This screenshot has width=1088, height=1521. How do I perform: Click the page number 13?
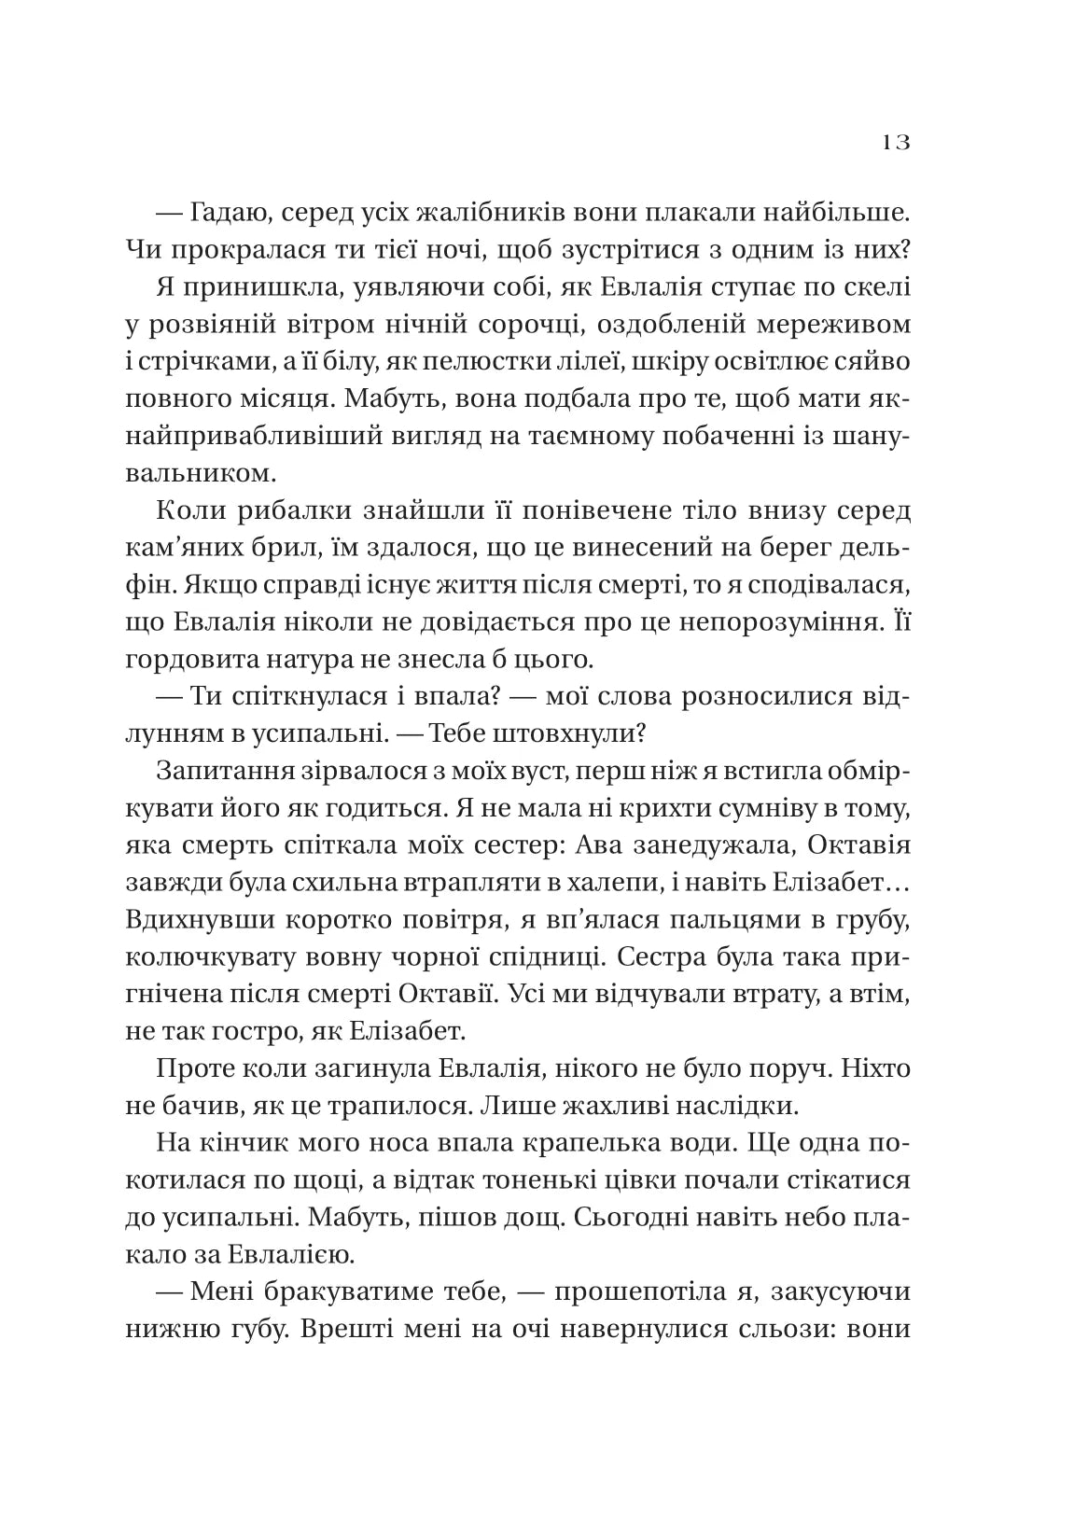893,144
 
